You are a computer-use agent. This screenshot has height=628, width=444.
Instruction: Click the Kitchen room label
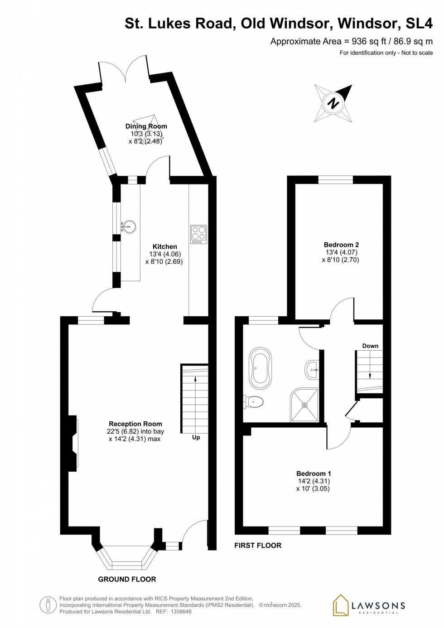tap(165, 246)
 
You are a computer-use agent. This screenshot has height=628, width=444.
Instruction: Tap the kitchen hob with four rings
tap(199, 234)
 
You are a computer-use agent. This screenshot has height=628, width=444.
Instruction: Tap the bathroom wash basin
tap(312, 370)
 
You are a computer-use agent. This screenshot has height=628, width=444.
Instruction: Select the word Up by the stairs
tap(196, 437)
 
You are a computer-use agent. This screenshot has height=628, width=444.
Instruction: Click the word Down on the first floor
tap(370, 346)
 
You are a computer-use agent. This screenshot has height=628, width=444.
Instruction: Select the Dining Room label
tap(146, 126)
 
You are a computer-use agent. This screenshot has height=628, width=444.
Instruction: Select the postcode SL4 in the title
tap(420, 24)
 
